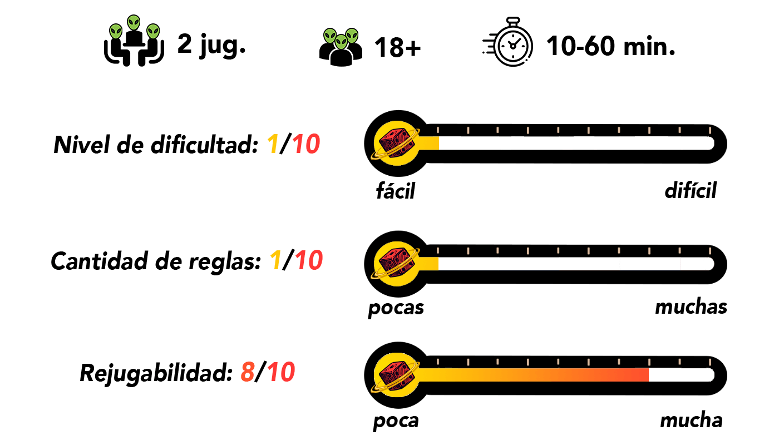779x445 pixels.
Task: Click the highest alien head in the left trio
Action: pyautogui.click(x=134, y=23)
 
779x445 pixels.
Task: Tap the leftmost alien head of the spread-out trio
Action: pyautogui.click(x=116, y=32)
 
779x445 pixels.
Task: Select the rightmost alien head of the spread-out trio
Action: pyautogui.click(x=153, y=32)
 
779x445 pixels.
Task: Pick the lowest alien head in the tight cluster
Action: pyautogui.click(x=341, y=42)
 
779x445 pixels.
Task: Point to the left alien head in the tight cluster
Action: pyautogui.click(x=331, y=36)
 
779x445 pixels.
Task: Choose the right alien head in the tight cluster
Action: pyautogui.click(x=352, y=36)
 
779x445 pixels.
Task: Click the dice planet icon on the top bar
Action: pyautogui.click(x=397, y=144)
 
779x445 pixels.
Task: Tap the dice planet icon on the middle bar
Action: pyautogui.click(x=397, y=264)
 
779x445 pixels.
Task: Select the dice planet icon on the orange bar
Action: pyautogui.click(x=397, y=375)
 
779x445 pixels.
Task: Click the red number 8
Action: pyautogui.click(x=248, y=372)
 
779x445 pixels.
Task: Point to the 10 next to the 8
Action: pyautogui.click(x=281, y=372)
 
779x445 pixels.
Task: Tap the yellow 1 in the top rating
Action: pyautogui.click(x=273, y=145)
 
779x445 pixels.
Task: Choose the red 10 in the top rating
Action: pyautogui.click(x=306, y=145)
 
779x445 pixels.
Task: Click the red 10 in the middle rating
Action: pyautogui.click(x=309, y=260)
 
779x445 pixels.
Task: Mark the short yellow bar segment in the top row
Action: pyautogui.click(x=429, y=144)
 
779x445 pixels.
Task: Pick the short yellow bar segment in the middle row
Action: pyautogui.click(x=429, y=264)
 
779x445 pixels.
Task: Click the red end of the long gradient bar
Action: pyautogui.click(x=640, y=375)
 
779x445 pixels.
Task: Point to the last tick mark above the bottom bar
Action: pyautogui.click(x=709, y=362)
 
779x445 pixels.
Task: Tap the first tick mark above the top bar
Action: pyautogui.click(x=438, y=130)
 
